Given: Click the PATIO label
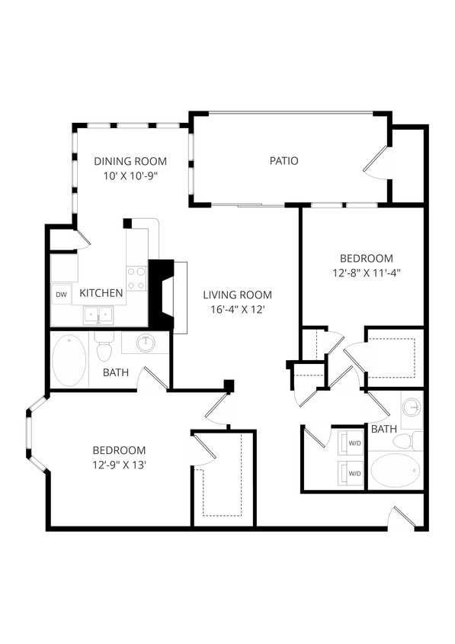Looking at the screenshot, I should point(284,161).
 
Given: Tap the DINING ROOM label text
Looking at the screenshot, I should point(130,161).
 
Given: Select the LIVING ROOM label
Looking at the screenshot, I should point(237,295).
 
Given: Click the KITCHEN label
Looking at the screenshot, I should point(101,293).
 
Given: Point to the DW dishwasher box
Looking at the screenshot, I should point(61,294).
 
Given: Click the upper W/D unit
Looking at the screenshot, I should point(352,443).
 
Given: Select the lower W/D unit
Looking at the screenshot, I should point(352,473).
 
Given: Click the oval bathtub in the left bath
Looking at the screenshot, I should point(69,361).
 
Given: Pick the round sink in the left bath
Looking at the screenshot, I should point(146,343).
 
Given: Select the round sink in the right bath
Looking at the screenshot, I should point(412,407).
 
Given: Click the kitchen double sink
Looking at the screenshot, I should point(99,314).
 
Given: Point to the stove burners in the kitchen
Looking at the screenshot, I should point(136,278).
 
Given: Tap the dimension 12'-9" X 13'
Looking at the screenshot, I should point(119,464).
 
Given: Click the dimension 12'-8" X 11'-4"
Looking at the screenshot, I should point(366,272).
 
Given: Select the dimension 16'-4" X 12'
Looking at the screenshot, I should point(237,309).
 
